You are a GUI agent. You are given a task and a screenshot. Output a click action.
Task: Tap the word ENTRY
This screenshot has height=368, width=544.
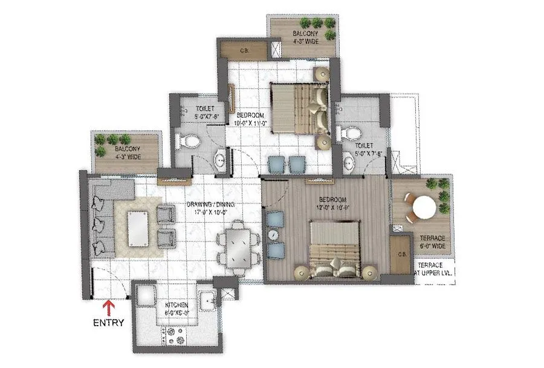point(109,323)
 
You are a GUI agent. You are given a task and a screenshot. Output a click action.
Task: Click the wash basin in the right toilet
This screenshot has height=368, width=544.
point(349,162)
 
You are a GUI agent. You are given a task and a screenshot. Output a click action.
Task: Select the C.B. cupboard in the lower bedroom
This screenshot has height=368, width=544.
point(400,254)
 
